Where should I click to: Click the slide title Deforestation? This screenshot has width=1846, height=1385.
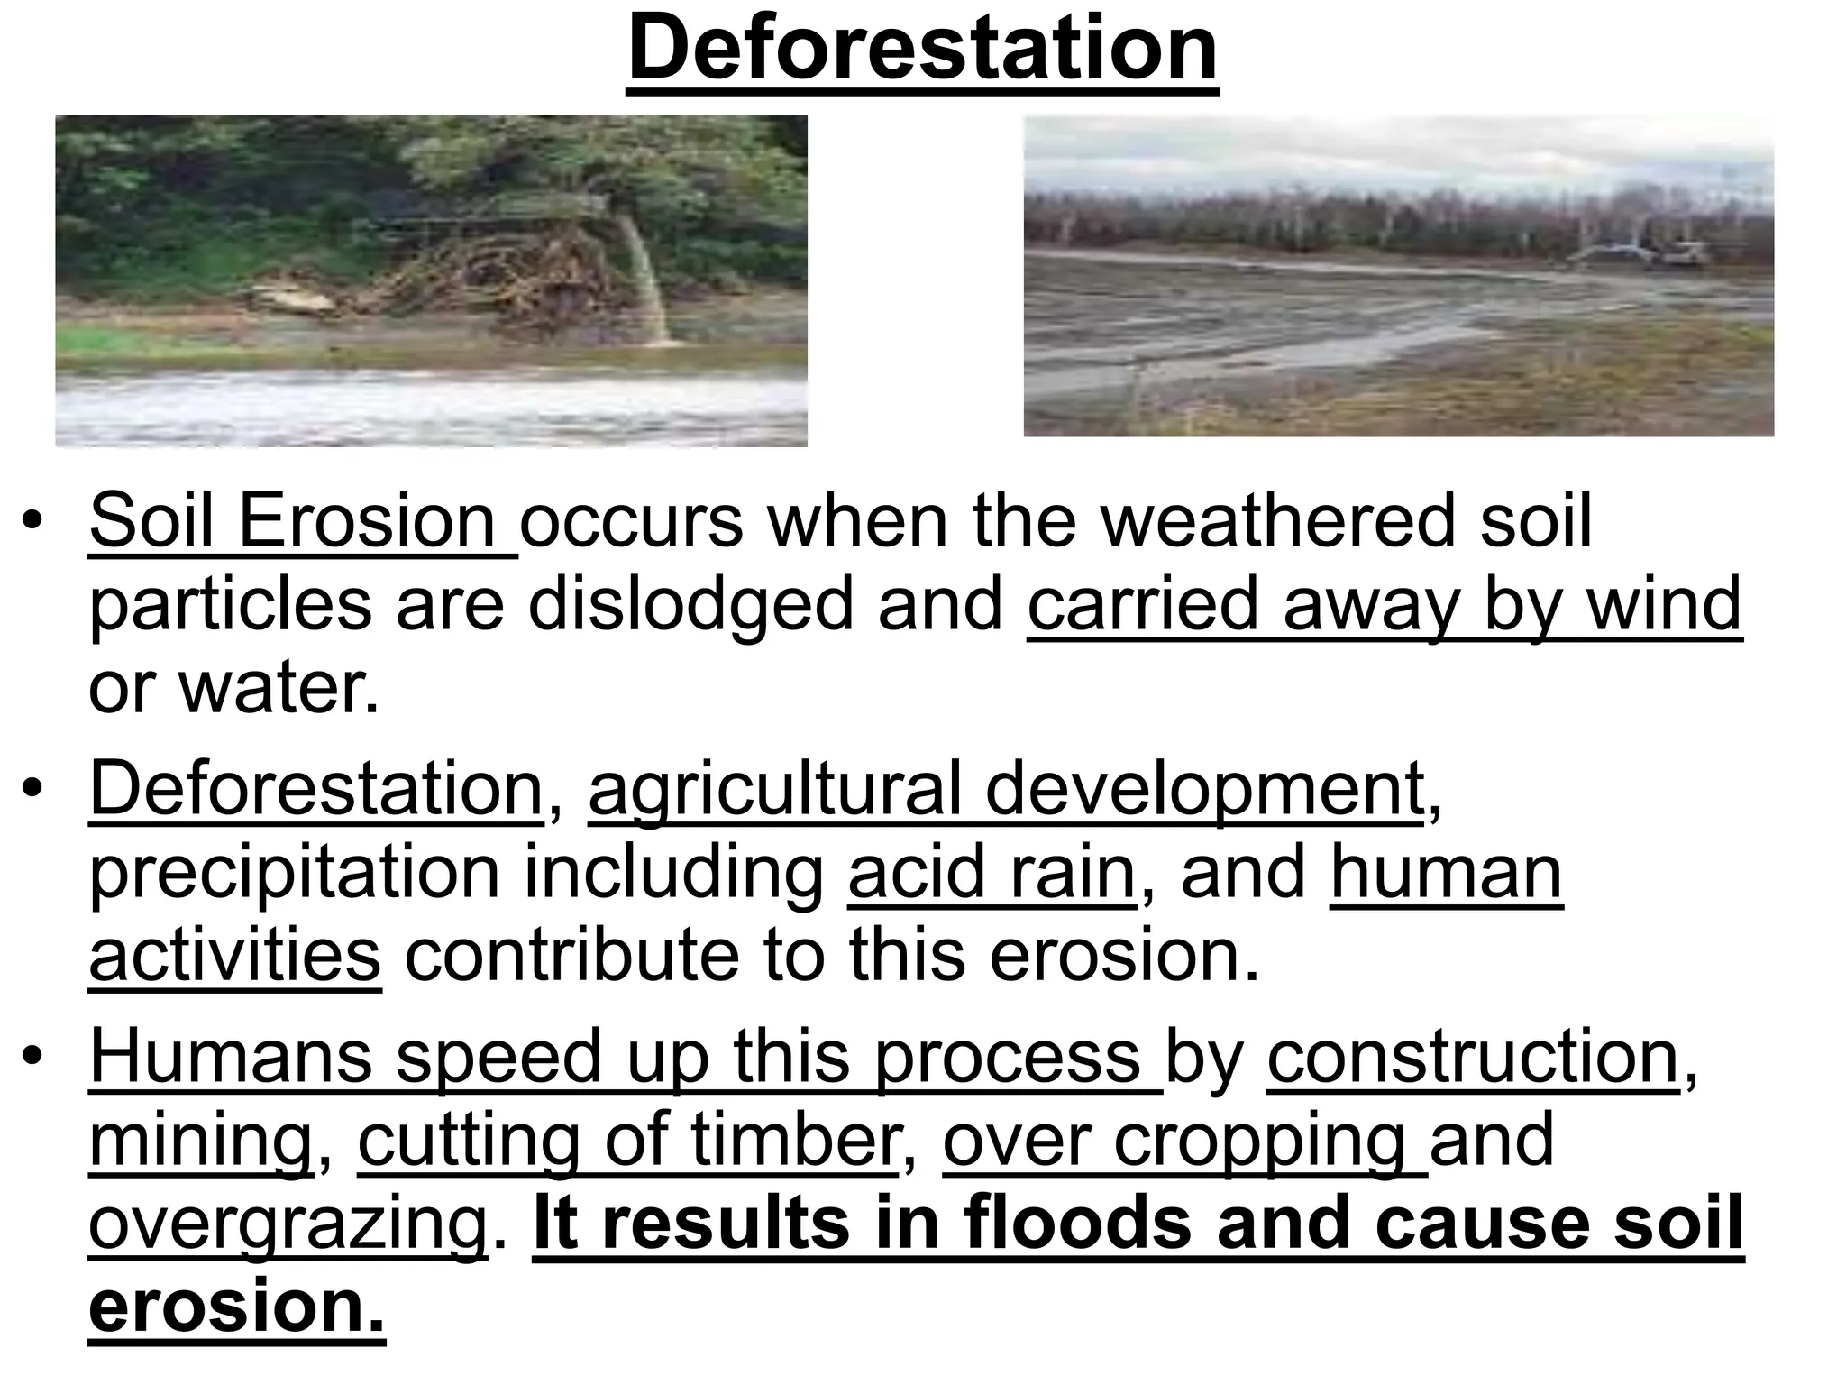tap(922, 50)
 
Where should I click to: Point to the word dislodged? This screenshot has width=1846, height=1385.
tap(690, 605)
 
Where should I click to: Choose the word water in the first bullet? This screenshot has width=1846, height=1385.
tap(279, 688)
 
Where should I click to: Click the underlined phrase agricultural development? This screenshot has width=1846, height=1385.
tap(1006, 790)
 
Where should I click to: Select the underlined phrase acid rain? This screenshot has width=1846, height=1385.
tap(992, 873)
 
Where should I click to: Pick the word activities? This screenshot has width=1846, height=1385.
tap(234, 956)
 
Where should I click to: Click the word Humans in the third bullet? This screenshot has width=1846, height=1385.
tap(231, 1057)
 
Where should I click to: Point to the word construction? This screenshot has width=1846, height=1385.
tap(1473, 1057)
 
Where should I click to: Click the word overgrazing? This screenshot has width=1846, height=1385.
tap(288, 1224)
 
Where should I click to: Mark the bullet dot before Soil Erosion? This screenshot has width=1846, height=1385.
tap(33, 522)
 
